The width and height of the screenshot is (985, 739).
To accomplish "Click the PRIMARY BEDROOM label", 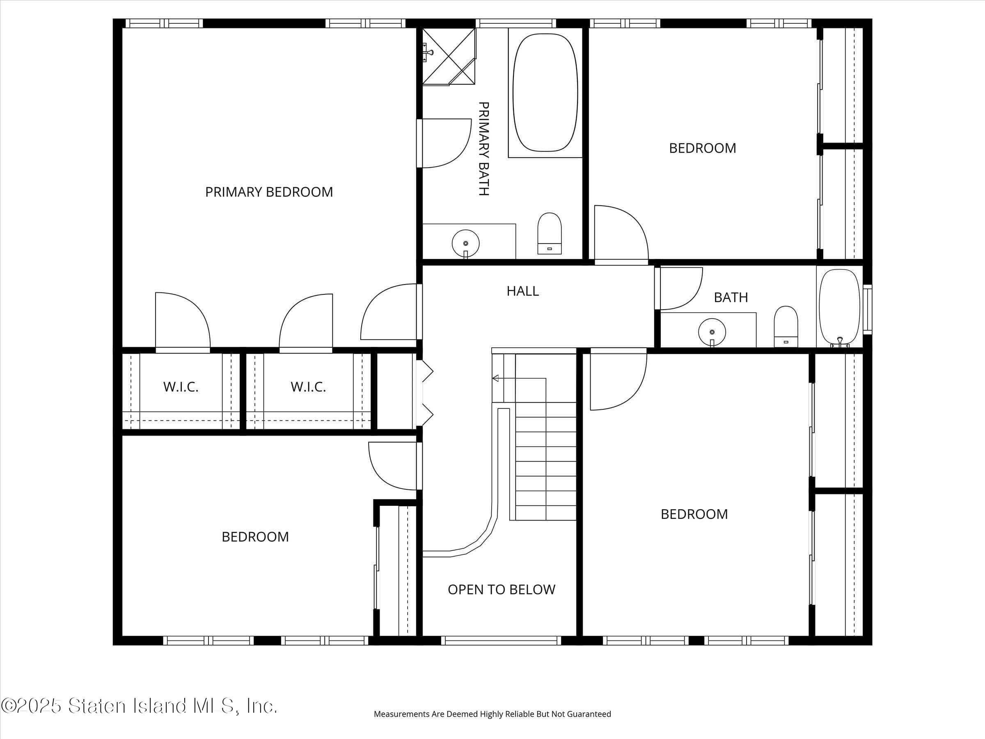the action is pos(269,192).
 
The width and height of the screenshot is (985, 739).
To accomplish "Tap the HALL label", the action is pos(523,291).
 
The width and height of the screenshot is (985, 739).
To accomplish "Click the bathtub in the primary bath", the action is pos(545,93).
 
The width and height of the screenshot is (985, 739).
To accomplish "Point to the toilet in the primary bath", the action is pos(550,234).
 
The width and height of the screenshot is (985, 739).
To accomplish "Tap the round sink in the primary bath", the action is pos(466,243).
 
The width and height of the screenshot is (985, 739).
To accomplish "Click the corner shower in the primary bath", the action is pos(449,57).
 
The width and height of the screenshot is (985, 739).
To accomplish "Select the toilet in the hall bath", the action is pos(786,326).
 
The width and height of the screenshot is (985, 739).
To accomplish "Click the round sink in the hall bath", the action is pos(712,332).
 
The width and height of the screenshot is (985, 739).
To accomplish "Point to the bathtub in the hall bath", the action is pos(839,308).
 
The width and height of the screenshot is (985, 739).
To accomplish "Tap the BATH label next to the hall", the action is pos(731,298).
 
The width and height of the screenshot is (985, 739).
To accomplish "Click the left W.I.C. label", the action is pos(181,387).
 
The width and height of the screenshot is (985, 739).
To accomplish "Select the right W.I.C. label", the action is pos(308,387).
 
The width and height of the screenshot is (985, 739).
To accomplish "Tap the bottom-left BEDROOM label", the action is pos(255,537).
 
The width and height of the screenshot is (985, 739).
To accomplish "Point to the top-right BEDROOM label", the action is pos(703,148).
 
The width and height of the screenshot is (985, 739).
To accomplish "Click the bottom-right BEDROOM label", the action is pos(694,514).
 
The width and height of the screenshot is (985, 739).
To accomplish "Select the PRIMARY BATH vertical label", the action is pos(483,149).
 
